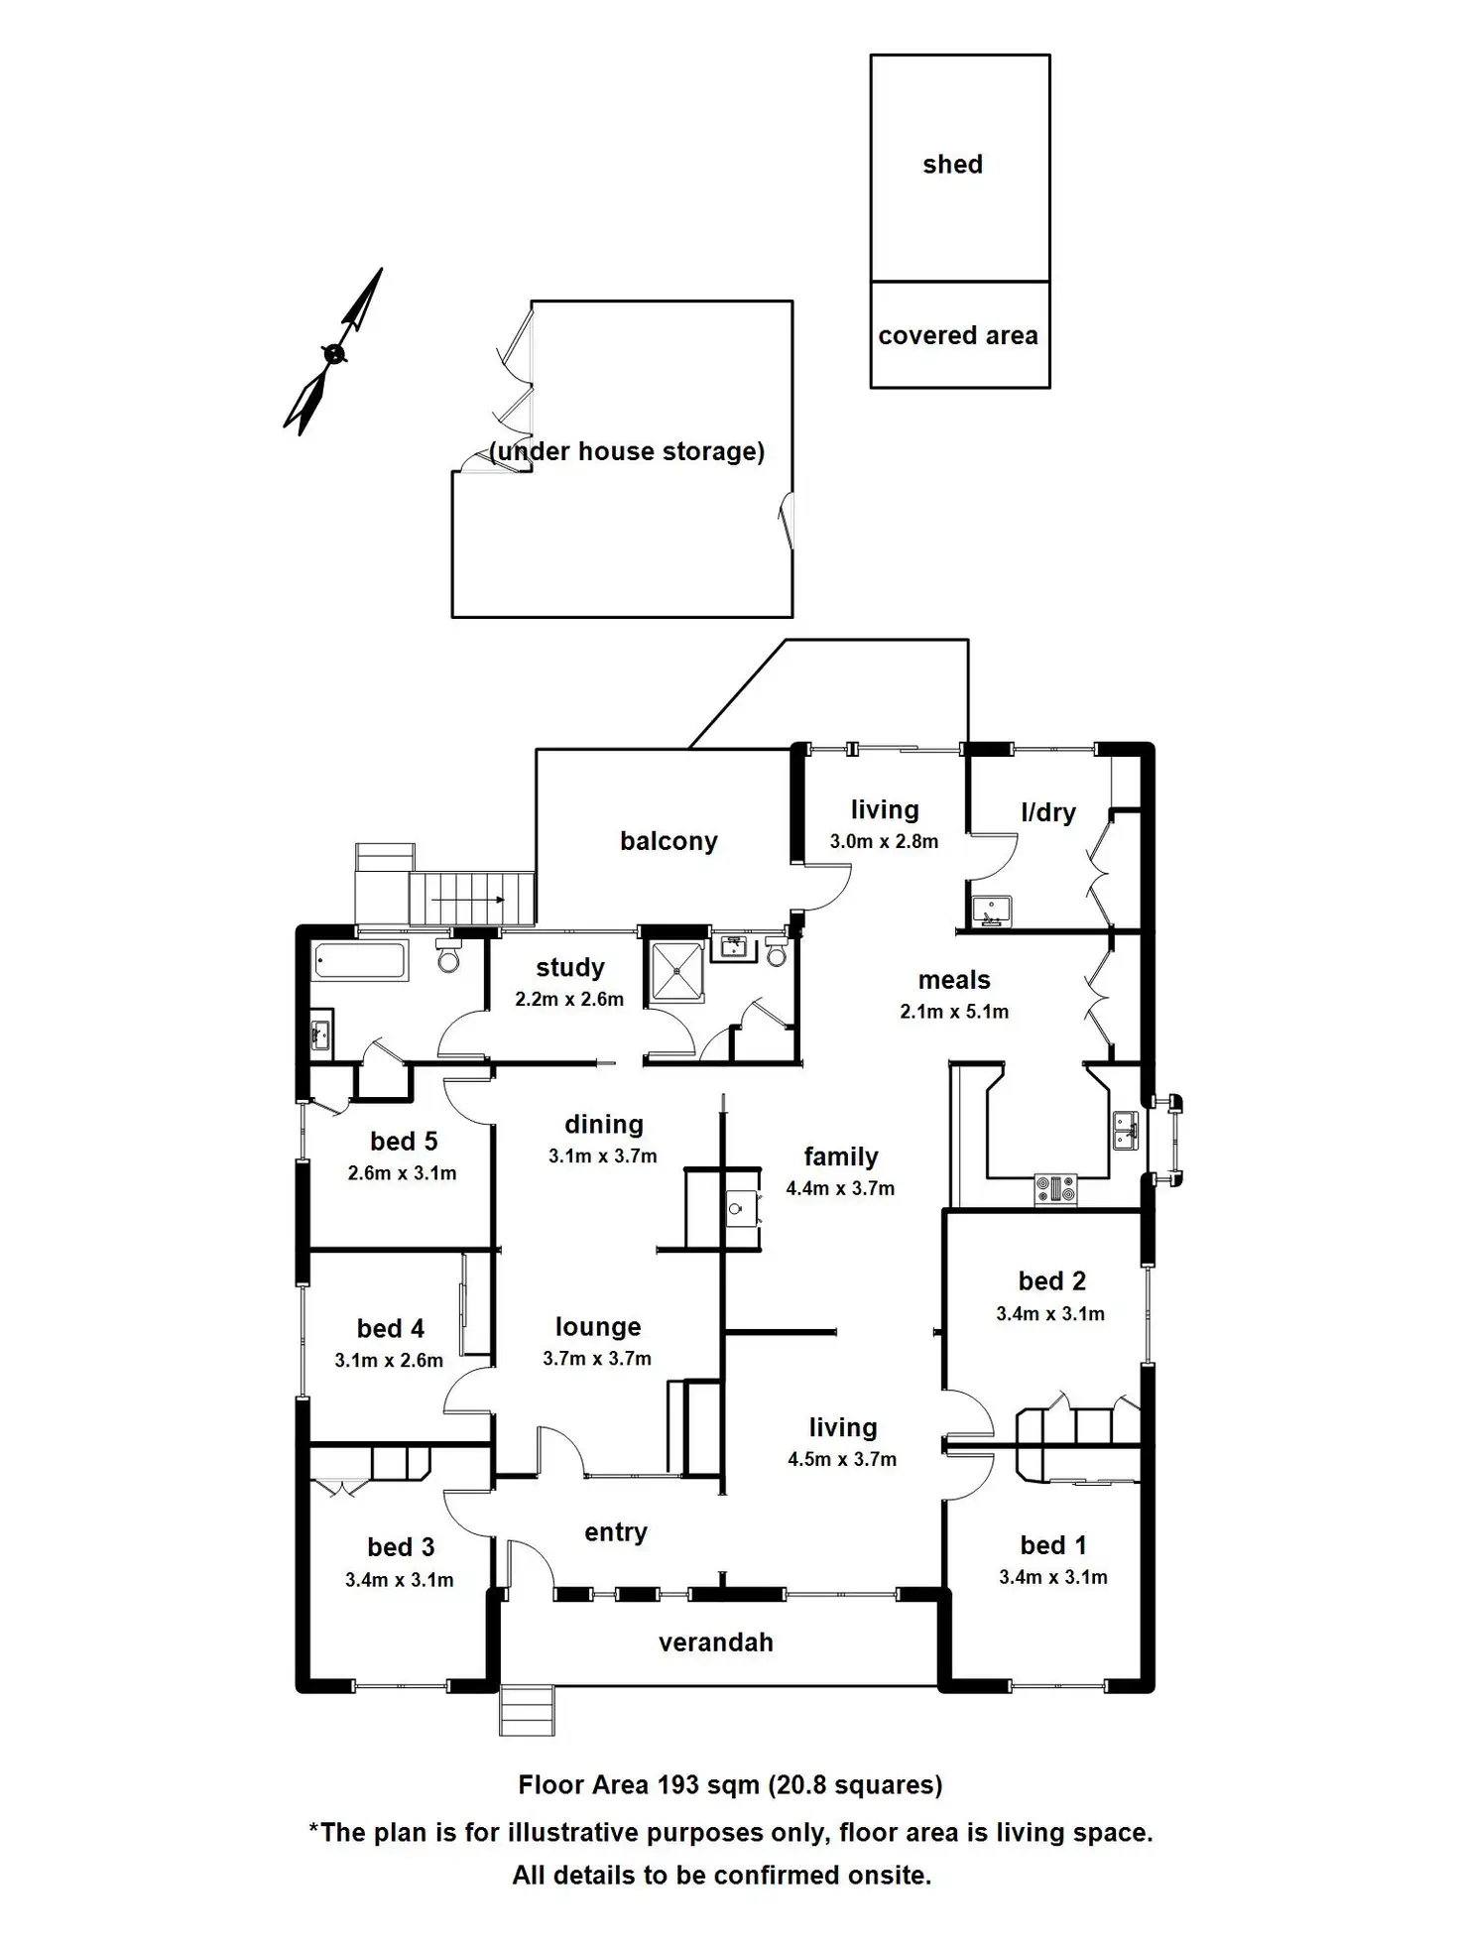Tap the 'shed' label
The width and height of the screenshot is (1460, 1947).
pyautogui.click(x=952, y=165)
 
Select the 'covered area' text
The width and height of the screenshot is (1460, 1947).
pyautogui.click(x=957, y=336)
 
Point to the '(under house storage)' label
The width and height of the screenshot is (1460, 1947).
pyautogui.click(x=627, y=452)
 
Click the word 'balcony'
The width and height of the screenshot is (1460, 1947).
pyautogui.click(x=669, y=841)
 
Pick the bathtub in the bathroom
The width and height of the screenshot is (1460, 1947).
pyautogui.click(x=359, y=961)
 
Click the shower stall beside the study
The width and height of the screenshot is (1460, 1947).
pyautogui.click(x=676, y=971)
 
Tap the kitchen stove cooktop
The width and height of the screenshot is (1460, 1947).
pyautogui.click(x=1055, y=1188)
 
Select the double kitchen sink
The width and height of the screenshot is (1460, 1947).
pyautogui.click(x=1125, y=1130)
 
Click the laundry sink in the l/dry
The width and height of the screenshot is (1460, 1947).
pyautogui.click(x=991, y=910)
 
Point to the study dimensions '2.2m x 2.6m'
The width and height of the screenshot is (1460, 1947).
pyautogui.click(x=569, y=1000)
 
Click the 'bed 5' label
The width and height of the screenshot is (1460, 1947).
pyautogui.click(x=404, y=1142)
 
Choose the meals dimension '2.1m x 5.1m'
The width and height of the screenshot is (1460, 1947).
pyautogui.click(x=954, y=1012)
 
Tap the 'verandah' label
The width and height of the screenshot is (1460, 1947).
pyautogui.click(x=715, y=1643)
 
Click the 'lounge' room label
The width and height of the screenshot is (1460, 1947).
pyautogui.click(x=598, y=1327)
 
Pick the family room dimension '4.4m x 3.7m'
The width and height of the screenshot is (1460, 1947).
pyautogui.click(x=840, y=1188)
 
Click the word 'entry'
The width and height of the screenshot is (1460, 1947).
pyautogui.click(x=616, y=1532)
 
